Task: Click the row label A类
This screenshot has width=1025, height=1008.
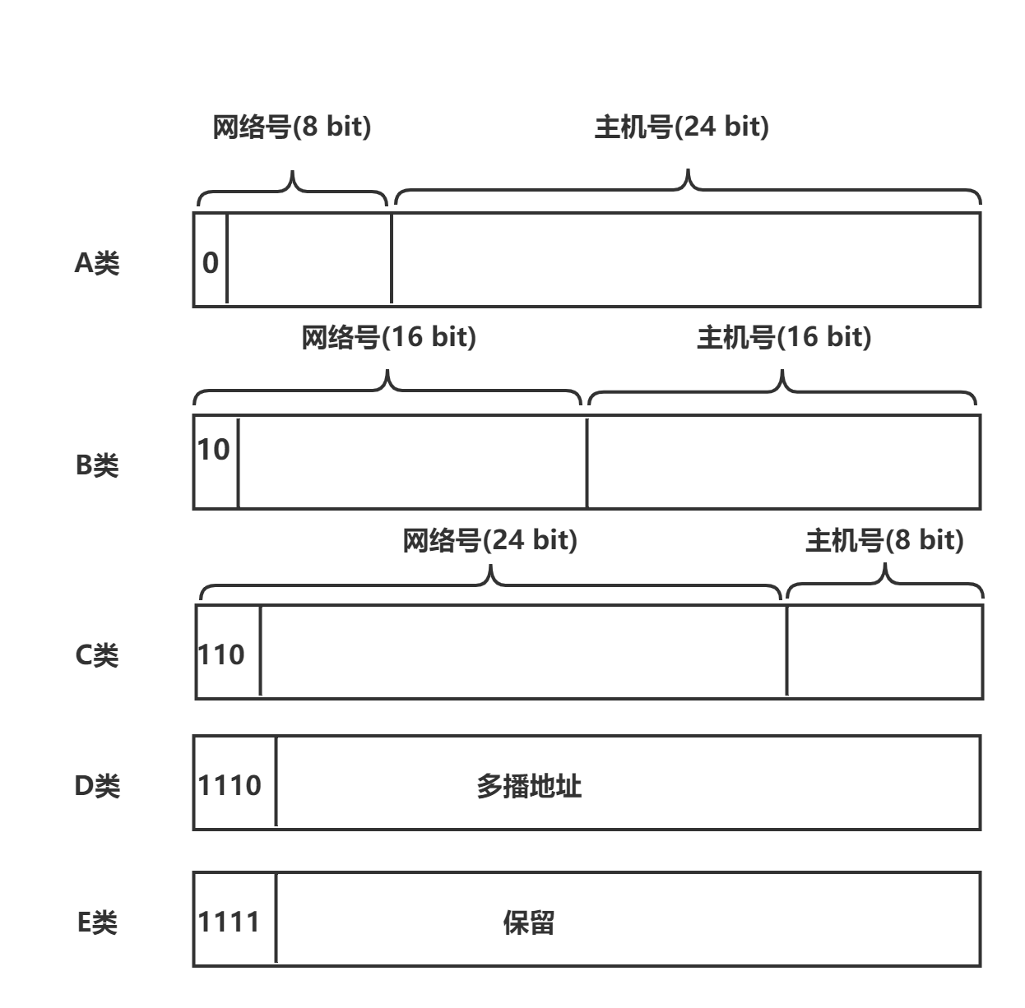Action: coord(97,263)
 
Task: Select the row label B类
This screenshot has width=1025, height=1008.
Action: coord(97,465)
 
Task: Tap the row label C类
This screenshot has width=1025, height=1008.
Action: coord(97,655)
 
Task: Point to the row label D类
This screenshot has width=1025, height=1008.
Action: coord(97,786)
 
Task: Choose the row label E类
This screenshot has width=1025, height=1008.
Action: coord(97,922)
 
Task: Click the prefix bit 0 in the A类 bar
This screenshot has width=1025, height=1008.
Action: coord(211,263)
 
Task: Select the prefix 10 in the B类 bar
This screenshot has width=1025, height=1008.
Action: coord(214,450)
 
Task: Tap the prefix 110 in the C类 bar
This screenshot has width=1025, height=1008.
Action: coord(221,654)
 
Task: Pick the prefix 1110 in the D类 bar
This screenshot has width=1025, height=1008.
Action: coord(230,785)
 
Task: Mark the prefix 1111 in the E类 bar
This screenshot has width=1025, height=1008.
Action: coord(230,922)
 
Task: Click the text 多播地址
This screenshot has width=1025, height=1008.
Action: coord(529,787)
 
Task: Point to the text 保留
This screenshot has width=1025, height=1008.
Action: coord(528,922)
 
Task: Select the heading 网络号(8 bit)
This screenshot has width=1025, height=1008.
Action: coord(292,127)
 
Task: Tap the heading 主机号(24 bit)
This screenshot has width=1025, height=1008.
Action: coord(681,127)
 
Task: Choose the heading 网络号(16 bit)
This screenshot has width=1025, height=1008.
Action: coord(388,338)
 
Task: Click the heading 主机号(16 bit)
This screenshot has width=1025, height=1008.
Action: coord(783,338)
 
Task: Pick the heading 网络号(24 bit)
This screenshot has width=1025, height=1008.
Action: coord(490,541)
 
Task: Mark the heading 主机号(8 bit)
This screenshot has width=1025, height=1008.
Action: coord(884,541)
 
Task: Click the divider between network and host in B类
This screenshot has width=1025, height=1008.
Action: coord(587,462)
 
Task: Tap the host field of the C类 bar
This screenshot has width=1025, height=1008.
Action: coord(884,652)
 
